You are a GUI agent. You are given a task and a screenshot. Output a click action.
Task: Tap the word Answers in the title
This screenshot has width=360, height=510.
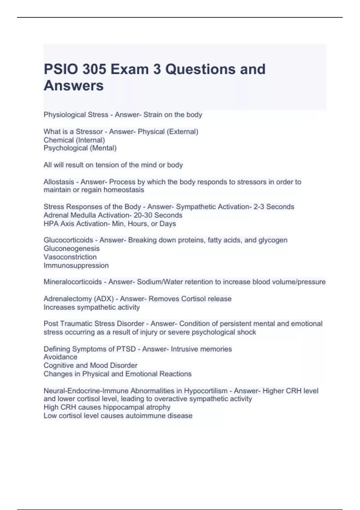(73, 85)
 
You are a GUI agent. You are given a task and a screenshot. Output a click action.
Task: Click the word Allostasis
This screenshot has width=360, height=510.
(59, 182)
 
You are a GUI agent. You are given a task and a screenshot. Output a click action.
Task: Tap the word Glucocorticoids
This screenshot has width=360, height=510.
(68, 240)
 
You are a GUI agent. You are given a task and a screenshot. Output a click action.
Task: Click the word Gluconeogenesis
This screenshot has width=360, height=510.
(71, 248)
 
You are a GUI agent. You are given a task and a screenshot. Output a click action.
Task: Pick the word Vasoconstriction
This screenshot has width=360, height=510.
(70, 257)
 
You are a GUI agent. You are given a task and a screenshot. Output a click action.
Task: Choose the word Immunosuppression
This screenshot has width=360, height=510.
(76, 265)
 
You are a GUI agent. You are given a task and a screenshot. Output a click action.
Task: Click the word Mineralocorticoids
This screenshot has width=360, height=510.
(73, 282)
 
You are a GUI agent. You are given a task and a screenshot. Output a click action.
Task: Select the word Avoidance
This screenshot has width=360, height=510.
(60, 357)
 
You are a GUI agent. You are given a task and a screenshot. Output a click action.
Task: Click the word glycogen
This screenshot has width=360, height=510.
(273, 240)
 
